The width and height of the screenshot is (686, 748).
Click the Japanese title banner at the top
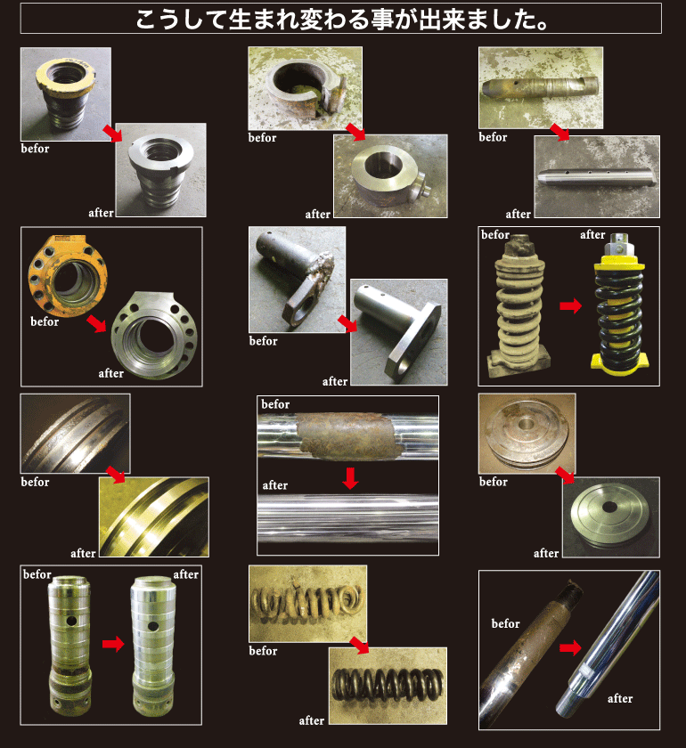[x=341, y=19]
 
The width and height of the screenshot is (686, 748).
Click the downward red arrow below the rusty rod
[x=350, y=478]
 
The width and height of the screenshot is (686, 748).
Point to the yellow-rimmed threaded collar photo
[x=66, y=94]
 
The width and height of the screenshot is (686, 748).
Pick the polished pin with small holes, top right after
[x=597, y=178]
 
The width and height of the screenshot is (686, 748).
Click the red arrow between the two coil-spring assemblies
[x=570, y=305]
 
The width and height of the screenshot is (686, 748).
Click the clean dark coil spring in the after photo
[x=388, y=685]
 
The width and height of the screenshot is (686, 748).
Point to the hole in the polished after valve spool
[x=153, y=625]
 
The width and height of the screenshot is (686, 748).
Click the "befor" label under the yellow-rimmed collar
[x=35, y=149]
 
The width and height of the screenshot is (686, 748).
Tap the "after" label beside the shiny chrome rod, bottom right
[x=620, y=698]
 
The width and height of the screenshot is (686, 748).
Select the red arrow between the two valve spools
[x=113, y=644]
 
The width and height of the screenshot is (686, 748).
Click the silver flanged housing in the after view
[x=154, y=337]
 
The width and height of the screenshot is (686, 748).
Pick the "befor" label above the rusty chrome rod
[x=275, y=404]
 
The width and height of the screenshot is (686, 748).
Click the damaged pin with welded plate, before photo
[x=296, y=277]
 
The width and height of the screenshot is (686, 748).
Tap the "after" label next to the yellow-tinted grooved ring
[x=83, y=553]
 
